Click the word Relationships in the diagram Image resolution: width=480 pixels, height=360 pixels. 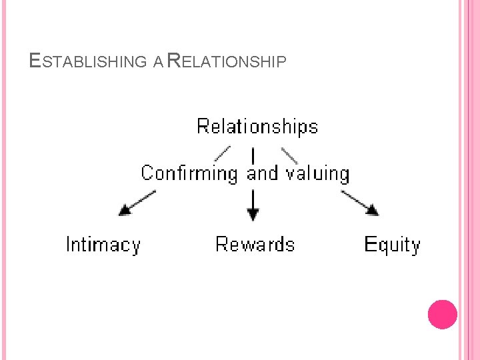[x=257, y=127]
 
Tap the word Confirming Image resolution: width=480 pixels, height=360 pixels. [x=189, y=174]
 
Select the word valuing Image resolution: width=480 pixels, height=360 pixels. [x=317, y=174]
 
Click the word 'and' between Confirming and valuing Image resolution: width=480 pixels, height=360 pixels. [x=262, y=174]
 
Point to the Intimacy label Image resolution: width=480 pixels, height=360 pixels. [x=103, y=245]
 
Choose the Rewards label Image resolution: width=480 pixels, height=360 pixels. [x=255, y=245]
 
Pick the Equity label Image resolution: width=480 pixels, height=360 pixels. [x=392, y=245]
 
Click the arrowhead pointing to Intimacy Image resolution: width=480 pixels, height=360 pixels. [x=125, y=210]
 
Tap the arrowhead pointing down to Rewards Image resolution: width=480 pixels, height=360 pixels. [x=253, y=215]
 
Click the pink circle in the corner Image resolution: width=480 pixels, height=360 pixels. [x=442, y=314]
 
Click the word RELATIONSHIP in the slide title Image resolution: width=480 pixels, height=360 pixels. [x=227, y=62]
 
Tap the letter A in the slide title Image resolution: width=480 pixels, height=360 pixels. [x=157, y=63]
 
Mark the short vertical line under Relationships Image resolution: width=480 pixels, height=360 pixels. [x=253, y=155]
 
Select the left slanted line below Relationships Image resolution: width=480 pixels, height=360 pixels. [x=223, y=153]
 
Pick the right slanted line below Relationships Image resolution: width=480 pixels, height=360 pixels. [x=289, y=155]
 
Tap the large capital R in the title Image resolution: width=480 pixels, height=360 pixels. [x=173, y=61]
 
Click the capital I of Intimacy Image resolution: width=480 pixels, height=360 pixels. [x=69, y=245]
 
